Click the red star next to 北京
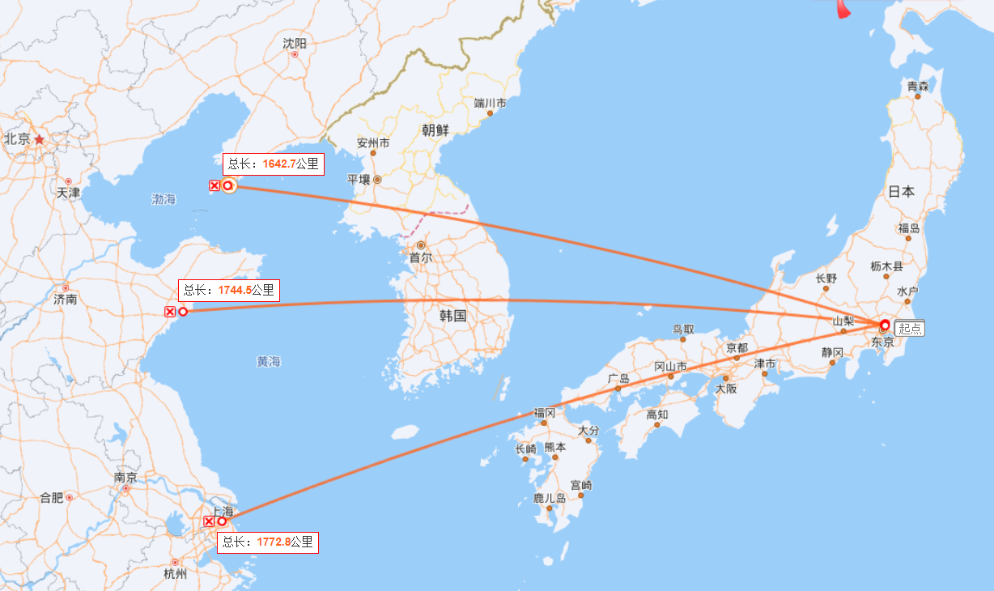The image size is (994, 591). tap(39, 139)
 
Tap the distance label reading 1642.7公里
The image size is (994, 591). tap(274, 164)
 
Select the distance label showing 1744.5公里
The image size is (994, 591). tap(229, 290)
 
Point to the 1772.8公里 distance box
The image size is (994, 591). tap(268, 542)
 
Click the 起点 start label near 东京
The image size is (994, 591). tap(910, 329)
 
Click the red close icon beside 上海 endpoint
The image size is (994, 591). tap(209, 521)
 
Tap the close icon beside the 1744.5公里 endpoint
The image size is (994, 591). tap(170, 312)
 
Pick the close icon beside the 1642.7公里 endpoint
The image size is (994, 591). tap(214, 186)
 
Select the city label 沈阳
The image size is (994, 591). tap(295, 43)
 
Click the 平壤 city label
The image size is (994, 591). tap(359, 180)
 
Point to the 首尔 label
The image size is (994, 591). tap(420, 258)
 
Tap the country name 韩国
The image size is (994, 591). tap(453, 316)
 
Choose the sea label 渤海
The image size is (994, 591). tap(164, 198)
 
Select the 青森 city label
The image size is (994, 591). tap(917, 85)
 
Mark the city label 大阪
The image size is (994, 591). tap(726, 389)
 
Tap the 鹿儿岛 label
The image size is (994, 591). tap(550, 498)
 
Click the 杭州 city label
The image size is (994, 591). tap(175, 574)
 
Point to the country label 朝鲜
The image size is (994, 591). tap(435, 130)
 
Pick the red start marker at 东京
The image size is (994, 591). tap(885, 325)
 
